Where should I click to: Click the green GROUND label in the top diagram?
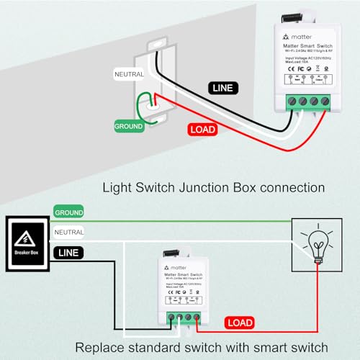coord(130,126)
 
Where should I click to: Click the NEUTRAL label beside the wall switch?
coord(129,73)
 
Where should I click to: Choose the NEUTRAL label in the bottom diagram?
coord(70,233)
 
